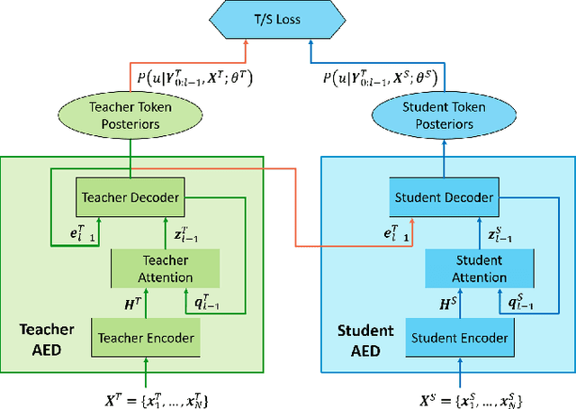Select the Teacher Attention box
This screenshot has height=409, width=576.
[152, 268]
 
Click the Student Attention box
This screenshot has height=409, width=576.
[479, 268]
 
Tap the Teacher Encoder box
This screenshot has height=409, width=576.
[144, 338]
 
